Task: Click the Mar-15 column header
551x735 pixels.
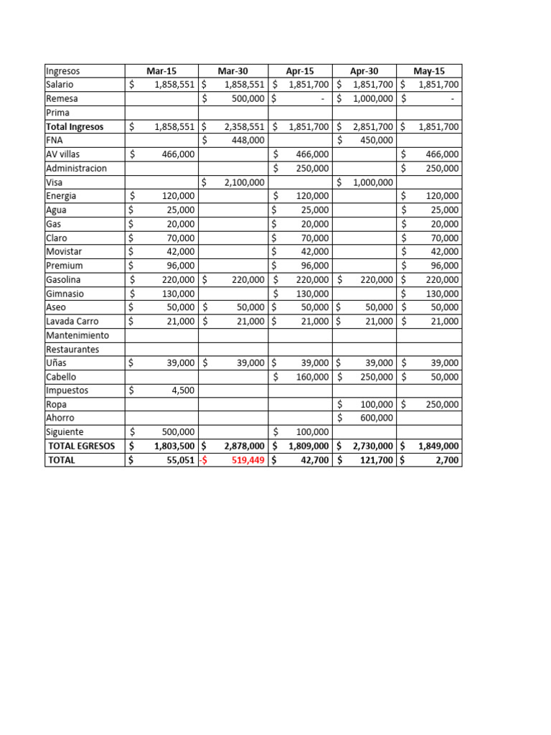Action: click(161, 71)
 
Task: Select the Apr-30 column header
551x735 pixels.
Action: click(364, 71)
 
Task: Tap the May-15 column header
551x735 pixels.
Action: click(429, 71)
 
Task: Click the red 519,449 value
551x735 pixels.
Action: click(248, 460)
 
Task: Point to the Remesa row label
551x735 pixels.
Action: click(62, 98)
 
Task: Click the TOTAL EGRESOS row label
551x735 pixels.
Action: click(81, 446)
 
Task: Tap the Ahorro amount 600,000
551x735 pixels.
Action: click(375, 418)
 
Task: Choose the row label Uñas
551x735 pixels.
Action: click(56, 363)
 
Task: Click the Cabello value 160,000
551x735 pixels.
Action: click(311, 377)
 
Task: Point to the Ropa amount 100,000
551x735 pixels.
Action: click(375, 404)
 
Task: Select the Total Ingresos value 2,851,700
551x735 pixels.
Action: click(372, 127)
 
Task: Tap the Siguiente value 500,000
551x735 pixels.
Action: click(176, 432)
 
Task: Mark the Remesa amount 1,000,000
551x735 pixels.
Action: click(372, 98)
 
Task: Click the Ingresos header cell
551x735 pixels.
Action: click(63, 71)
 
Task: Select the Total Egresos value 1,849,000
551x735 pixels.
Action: click(435, 446)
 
